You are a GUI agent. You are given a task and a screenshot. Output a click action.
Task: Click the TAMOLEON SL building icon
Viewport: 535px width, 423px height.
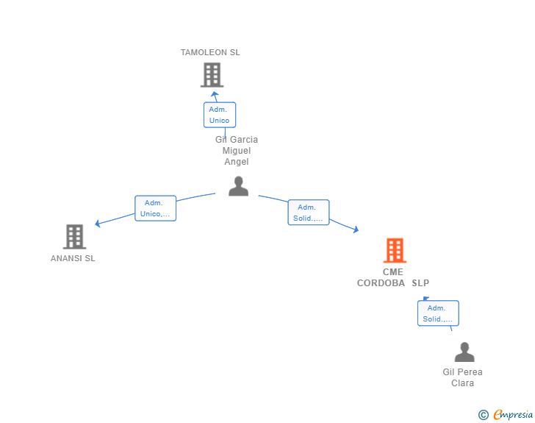pos(212,75)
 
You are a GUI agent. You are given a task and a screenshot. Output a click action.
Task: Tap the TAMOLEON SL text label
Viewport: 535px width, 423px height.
pos(210,52)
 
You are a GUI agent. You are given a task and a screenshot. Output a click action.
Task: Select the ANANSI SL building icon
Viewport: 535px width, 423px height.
pos(75,237)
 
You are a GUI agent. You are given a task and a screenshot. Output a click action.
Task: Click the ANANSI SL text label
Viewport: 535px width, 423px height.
pos(73,258)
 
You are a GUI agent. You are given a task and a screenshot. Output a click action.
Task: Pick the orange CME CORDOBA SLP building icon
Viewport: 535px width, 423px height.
pos(395,250)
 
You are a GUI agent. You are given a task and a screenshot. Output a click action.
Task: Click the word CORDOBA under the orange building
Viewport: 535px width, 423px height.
pos(381,283)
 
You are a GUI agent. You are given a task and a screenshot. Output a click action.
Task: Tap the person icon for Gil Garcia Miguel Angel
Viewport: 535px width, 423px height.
pos(239,186)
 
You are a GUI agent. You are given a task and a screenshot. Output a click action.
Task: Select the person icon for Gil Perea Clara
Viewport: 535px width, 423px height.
pos(464,352)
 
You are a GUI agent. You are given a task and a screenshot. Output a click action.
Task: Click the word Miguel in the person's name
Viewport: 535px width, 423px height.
pos(237,151)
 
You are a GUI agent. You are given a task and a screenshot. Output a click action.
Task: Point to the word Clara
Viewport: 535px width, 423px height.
pos(463,383)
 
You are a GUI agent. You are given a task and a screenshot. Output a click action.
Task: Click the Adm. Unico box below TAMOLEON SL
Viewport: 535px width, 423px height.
pos(220,115)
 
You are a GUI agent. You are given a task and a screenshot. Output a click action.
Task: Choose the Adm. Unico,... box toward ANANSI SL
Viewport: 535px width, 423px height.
pos(156,208)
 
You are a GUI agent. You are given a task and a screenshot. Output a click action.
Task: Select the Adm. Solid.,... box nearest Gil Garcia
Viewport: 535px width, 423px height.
pos(309,213)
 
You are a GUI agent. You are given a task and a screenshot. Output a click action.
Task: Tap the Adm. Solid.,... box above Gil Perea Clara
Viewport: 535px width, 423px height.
pos(438,313)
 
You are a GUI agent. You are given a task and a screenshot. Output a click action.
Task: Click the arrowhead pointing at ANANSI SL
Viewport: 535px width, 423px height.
pos(98,224)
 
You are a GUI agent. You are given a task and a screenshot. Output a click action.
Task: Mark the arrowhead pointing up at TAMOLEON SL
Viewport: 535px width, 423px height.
pos(215,94)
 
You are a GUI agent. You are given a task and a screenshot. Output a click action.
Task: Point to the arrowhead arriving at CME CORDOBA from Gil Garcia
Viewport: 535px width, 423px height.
pos(356,230)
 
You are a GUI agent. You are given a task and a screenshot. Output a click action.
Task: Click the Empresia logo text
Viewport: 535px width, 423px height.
pos(513,415)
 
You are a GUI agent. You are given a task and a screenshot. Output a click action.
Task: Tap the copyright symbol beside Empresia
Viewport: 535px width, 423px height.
pos(484,415)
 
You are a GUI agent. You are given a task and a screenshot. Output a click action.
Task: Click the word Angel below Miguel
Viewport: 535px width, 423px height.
pos(237,162)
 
